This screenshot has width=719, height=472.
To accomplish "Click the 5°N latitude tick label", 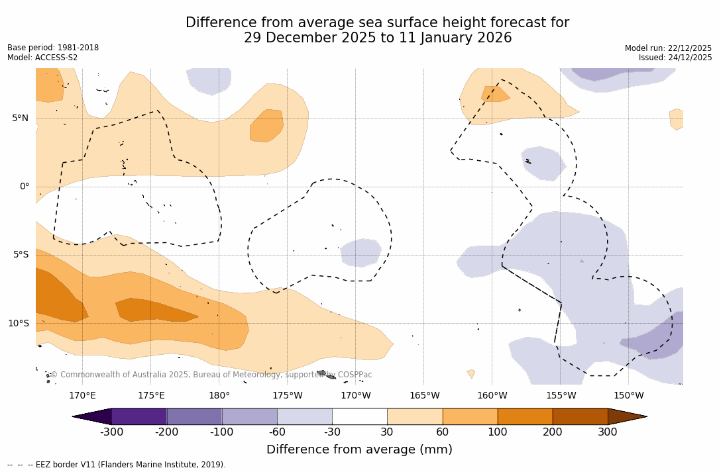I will pyautogui.click(x=20, y=118).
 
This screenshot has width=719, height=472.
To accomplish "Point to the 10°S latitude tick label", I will pyautogui.click(x=18, y=324).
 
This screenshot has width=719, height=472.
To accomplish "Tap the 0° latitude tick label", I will pyautogui.click(x=24, y=187).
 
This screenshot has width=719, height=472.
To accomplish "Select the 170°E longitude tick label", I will pyautogui.click(x=82, y=396).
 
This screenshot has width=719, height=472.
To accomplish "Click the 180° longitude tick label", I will pyautogui.click(x=219, y=396).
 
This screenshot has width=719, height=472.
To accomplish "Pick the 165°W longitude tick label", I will pyautogui.click(x=424, y=396).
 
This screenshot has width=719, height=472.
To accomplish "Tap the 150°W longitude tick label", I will pyautogui.click(x=628, y=396).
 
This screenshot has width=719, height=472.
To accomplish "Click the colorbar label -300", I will pyautogui.click(x=111, y=432).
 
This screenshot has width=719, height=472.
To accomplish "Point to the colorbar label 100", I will pyautogui.click(x=497, y=432).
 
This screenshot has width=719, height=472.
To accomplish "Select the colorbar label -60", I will pyautogui.click(x=277, y=432).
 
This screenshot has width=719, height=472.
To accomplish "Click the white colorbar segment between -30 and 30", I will pyautogui.click(x=359, y=416).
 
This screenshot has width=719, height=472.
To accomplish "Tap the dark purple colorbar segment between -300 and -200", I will pyautogui.click(x=139, y=416).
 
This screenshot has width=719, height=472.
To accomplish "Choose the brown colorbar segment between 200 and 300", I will pyautogui.click(x=580, y=416).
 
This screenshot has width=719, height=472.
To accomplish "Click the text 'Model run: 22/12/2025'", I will pyautogui.click(x=668, y=48).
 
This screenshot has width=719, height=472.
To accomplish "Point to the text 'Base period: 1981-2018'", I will pyautogui.click(x=53, y=48).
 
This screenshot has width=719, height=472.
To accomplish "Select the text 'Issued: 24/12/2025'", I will pyautogui.click(x=675, y=58).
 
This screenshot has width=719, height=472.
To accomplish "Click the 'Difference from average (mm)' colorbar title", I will pyautogui.click(x=359, y=450).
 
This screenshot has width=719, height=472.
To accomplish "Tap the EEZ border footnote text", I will pyautogui.click(x=117, y=465).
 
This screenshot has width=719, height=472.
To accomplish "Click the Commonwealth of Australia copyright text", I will pyautogui.click(x=211, y=375).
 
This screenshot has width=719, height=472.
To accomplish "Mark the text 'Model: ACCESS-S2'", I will pyautogui.click(x=42, y=58).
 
